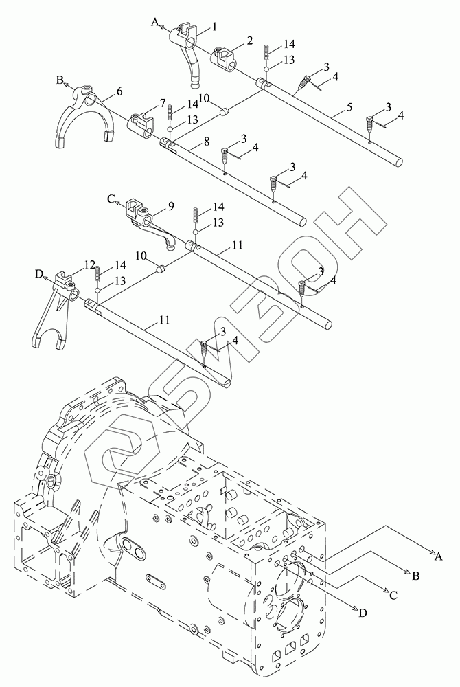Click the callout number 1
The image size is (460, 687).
(x=214, y=27)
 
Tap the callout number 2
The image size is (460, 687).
(x=249, y=41)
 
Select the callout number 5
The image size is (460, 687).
(x=349, y=107)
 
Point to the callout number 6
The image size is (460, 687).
(x=119, y=91)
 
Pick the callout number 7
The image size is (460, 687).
(x=163, y=104)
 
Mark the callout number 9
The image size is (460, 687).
(x=171, y=206)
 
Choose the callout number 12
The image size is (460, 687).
(x=90, y=264)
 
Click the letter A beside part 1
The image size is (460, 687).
(x=154, y=21)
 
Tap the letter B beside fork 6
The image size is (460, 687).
(x=59, y=80)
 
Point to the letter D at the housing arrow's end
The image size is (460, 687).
(x=363, y=613)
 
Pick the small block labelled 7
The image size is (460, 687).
(x=141, y=124)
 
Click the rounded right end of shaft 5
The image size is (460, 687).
(x=399, y=161)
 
